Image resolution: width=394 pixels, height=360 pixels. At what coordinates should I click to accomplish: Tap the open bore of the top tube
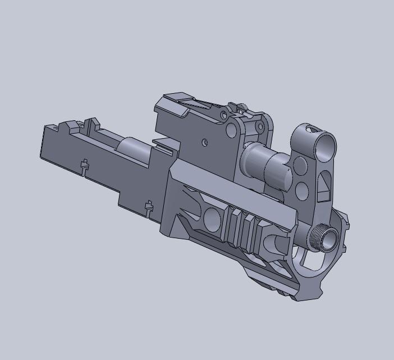pyautogui.click(x=326, y=145)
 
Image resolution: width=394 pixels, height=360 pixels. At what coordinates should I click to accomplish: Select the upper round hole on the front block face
pyautogui.click(x=301, y=166)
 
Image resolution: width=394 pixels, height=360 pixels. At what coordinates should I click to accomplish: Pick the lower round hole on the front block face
pyautogui.click(x=301, y=189)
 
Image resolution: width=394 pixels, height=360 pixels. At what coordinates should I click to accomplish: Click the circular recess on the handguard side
pyautogui.click(x=213, y=218)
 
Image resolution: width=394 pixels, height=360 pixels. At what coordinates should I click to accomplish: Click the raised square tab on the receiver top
pyautogui.click(x=92, y=122)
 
